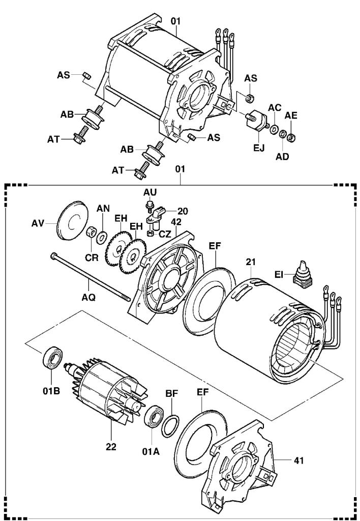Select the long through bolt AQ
(x=92, y=279)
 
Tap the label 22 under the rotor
(x=111, y=447)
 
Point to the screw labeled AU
(x=149, y=205)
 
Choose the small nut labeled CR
(x=89, y=232)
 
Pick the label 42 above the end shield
(x=176, y=222)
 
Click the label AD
(x=282, y=156)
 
